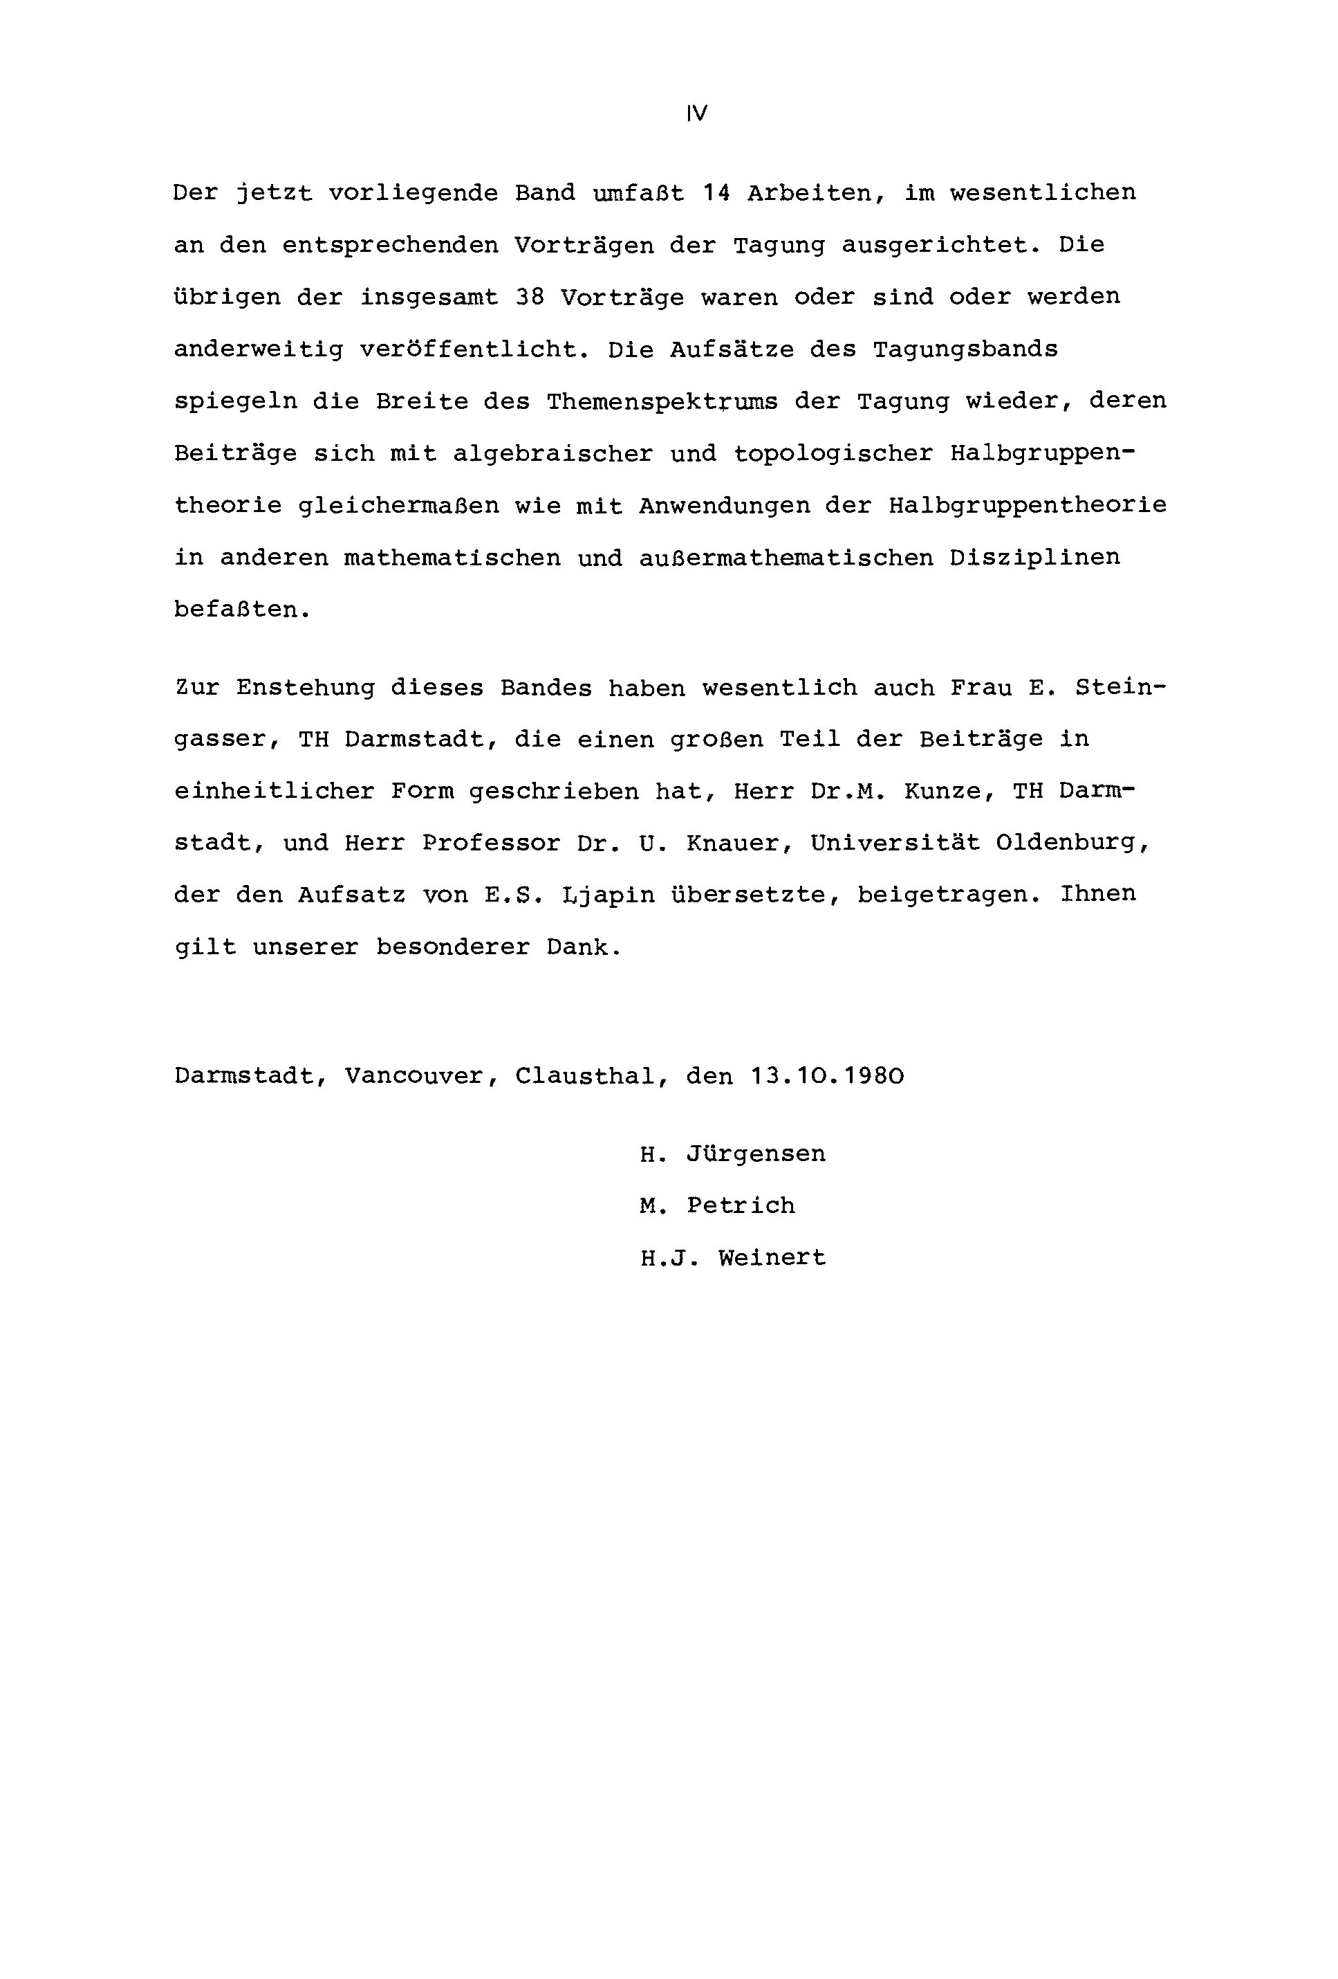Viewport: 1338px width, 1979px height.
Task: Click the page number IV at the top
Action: [x=696, y=113]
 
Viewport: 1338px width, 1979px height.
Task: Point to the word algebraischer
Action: [x=552, y=454]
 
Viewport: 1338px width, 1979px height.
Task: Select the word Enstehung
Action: [x=306, y=687]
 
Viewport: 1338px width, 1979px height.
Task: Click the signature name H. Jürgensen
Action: [x=733, y=1154]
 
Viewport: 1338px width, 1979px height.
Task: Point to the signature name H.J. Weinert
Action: [x=733, y=1258]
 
